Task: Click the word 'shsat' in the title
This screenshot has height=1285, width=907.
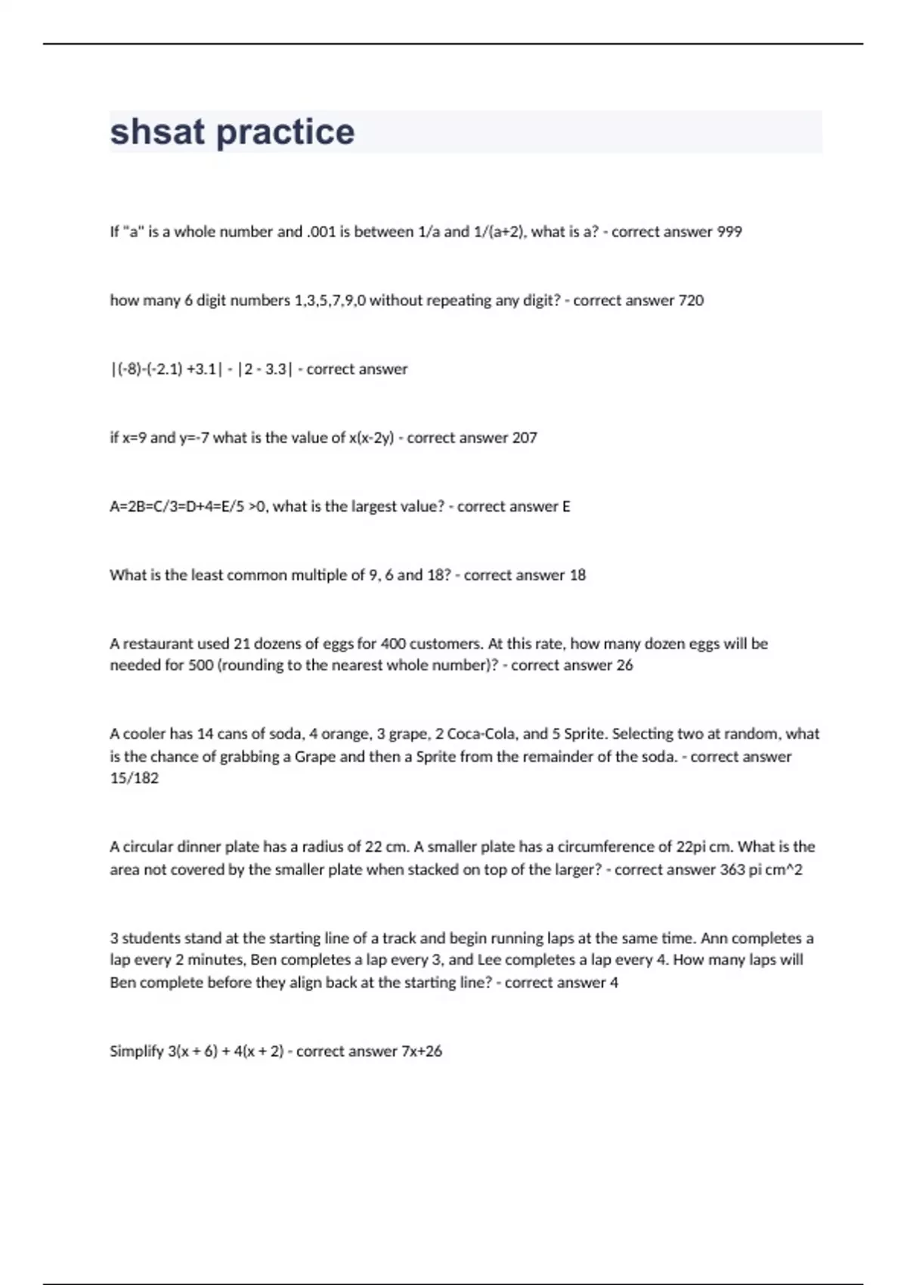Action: click(157, 132)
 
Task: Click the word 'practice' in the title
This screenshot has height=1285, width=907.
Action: click(285, 132)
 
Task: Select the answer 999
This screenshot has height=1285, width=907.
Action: click(729, 232)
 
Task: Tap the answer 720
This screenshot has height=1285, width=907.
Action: click(691, 300)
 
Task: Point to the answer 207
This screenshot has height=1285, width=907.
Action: click(525, 438)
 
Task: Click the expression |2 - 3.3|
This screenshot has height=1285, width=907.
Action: click(265, 369)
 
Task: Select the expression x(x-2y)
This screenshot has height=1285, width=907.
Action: click(371, 438)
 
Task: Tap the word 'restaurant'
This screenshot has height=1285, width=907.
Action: click(158, 644)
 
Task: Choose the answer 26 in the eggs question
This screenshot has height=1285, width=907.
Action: click(624, 665)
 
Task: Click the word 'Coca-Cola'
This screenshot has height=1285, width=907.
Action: click(479, 734)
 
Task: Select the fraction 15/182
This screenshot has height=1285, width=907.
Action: click(134, 778)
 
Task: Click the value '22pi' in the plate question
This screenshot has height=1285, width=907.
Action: click(694, 847)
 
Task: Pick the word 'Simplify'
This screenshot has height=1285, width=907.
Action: click(137, 1051)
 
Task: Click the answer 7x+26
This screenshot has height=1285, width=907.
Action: click(422, 1051)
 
